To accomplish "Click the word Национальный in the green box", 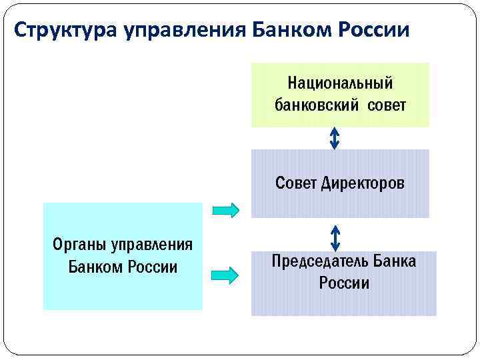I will coord(340,84).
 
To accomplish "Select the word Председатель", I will coord(316,261).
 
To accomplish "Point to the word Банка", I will coord(394,261).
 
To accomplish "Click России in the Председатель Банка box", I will coord(343,283).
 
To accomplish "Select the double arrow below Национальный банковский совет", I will coord(335,138).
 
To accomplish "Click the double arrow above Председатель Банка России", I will coord(335,238).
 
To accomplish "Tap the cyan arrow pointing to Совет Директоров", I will coord(225,210).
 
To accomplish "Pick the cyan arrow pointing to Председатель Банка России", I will coord(225,274).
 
